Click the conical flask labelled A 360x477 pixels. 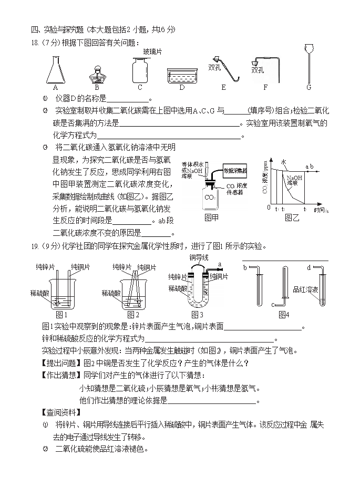click(55, 68)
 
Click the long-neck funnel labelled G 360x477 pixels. click(309, 63)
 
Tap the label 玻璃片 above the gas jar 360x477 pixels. click(152, 51)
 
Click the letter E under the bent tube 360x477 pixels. click(223, 87)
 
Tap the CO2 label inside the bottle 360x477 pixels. click(209, 198)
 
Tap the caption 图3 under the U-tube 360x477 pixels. click(197, 314)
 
